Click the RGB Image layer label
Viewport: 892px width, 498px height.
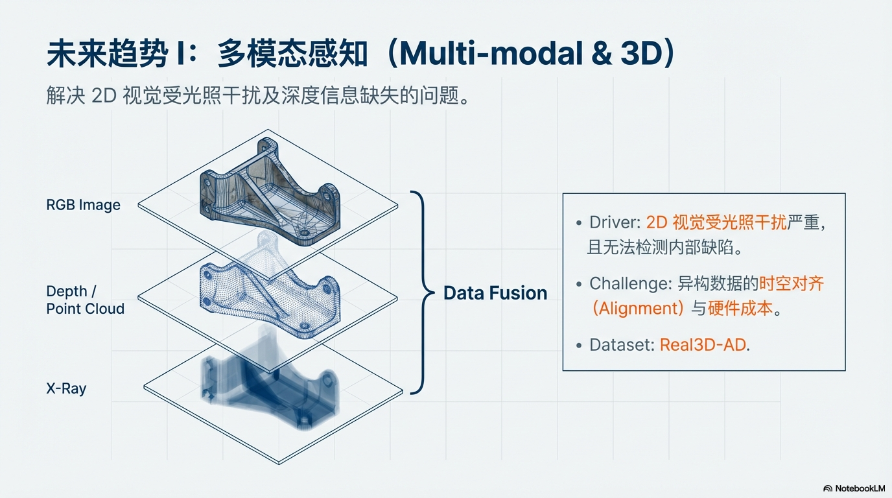point(83,205)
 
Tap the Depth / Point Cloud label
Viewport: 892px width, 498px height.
point(85,300)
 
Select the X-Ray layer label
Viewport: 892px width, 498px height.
point(66,389)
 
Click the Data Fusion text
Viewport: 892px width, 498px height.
point(495,293)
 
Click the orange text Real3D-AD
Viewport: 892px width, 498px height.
point(703,345)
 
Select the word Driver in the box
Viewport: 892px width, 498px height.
point(614,222)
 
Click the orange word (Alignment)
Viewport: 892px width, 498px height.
point(638,308)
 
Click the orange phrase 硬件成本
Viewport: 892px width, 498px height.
point(741,308)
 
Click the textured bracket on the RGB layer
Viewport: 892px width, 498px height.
point(268,191)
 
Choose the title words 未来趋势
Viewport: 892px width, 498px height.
point(106,54)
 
